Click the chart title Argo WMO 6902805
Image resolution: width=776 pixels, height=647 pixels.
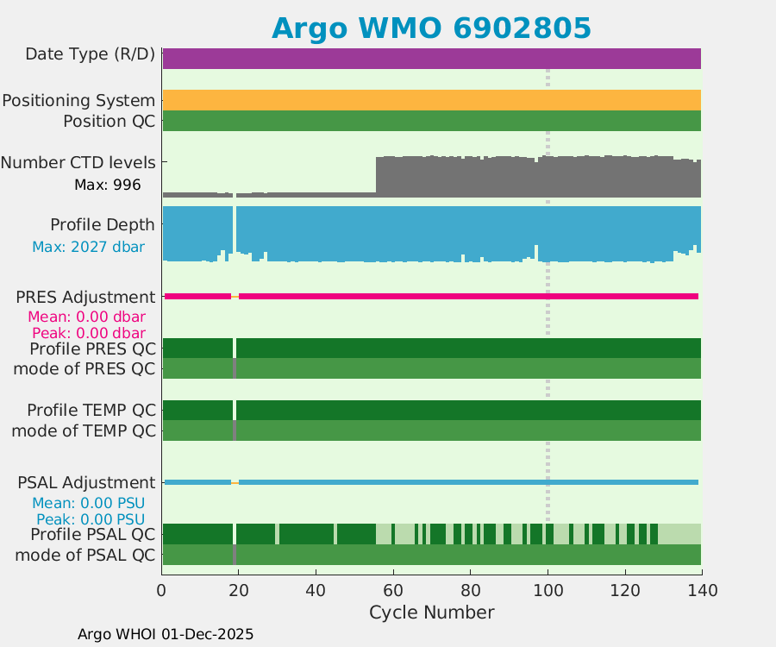click(431, 28)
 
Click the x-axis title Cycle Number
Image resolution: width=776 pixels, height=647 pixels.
click(431, 612)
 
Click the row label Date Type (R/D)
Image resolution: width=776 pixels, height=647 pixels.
click(91, 54)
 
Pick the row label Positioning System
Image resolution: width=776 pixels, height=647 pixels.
click(78, 101)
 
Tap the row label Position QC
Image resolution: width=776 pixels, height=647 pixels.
click(109, 122)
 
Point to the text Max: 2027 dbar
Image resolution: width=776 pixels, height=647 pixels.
click(88, 247)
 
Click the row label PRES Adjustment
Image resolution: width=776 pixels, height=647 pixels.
click(85, 297)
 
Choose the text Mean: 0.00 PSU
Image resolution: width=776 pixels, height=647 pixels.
click(88, 503)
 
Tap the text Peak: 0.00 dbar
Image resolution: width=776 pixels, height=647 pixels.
click(88, 333)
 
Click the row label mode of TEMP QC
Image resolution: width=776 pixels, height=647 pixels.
click(84, 430)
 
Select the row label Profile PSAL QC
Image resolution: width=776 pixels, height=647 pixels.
click(93, 534)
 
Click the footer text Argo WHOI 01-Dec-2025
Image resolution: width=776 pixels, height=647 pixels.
click(166, 634)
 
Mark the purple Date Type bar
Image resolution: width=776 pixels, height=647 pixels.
click(431, 59)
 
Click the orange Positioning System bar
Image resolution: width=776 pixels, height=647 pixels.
click(431, 100)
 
